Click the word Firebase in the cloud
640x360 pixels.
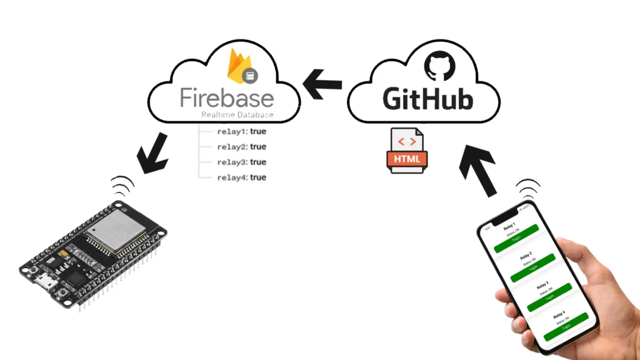pos(227,99)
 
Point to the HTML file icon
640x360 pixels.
pos(407,149)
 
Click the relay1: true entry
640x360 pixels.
pos(241,132)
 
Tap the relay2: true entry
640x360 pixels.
pos(241,147)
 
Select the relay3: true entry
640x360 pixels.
pos(241,162)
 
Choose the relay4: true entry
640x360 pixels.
pos(241,177)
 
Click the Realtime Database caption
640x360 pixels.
pos(237,116)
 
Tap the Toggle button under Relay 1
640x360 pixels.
pos(516,239)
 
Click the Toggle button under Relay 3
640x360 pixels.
pos(549,297)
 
